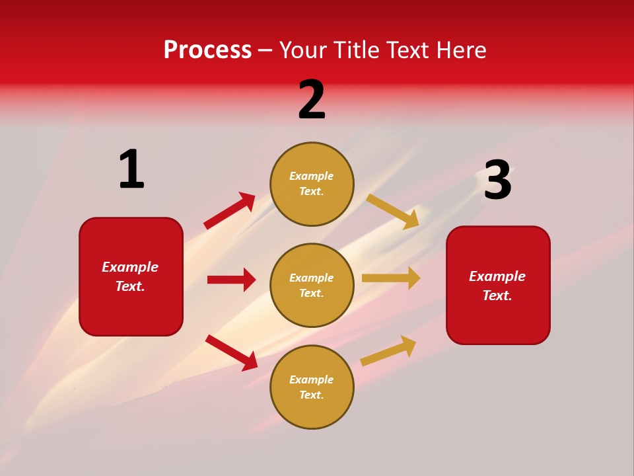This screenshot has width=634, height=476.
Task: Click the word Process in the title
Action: [207, 50]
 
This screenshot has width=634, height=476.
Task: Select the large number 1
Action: [131, 170]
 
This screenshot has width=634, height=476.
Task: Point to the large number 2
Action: [312, 100]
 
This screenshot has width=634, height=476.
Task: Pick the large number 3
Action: [497, 180]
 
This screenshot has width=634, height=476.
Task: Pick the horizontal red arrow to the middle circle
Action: [231, 280]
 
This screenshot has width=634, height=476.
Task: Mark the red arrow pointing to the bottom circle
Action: [232, 352]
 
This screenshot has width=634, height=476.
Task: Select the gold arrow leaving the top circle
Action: [393, 211]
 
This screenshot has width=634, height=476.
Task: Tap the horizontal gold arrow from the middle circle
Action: [391, 278]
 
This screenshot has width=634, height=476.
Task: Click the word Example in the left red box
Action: [130, 267]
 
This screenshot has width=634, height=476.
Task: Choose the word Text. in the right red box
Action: [497, 296]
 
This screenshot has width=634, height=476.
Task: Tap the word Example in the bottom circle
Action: [312, 379]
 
